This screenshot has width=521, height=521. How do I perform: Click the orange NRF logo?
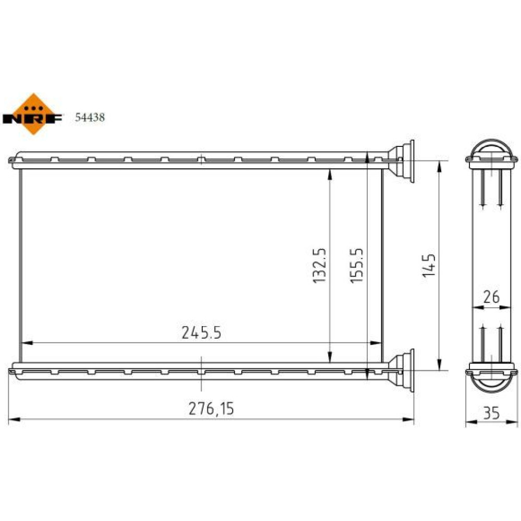(x=33, y=114)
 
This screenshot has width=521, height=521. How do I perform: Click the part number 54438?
(x=90, y=117)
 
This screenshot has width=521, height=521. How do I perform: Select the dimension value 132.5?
(x=320, y=266)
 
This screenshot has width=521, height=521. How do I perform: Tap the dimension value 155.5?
(x=357, y=266)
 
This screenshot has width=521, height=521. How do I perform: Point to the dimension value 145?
(x=429, y=266)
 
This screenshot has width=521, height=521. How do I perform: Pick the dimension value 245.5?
(x=201, y=332)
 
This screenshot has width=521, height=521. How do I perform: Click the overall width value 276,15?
(x=212, y=408)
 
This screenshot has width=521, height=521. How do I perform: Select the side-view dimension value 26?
(x=491, y=297)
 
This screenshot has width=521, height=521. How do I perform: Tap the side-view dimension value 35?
(x=491, y=413)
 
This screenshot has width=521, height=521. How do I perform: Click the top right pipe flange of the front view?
(x=402, y=161)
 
